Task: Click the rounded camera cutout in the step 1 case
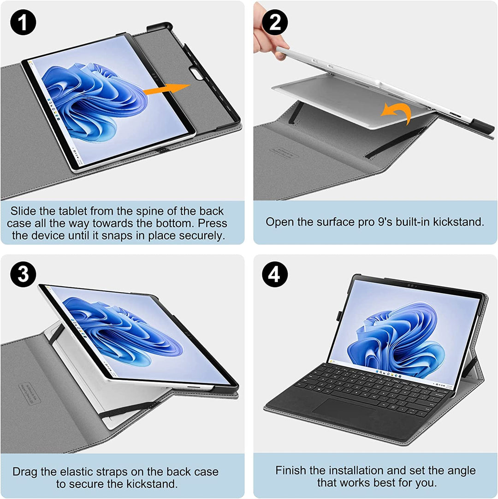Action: point(199,72)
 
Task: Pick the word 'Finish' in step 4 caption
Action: point(290,470)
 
